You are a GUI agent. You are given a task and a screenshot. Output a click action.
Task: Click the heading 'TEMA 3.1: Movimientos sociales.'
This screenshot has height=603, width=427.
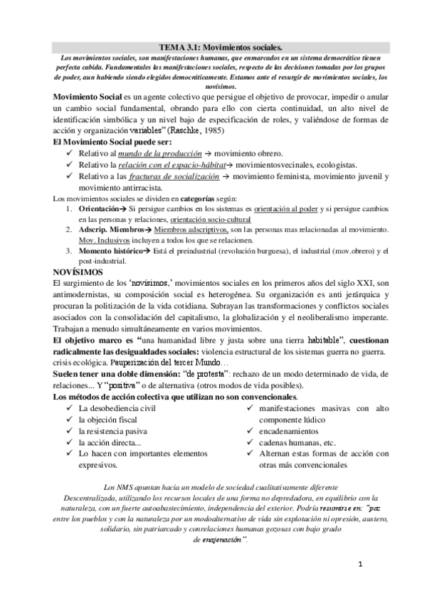click(213, 44)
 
